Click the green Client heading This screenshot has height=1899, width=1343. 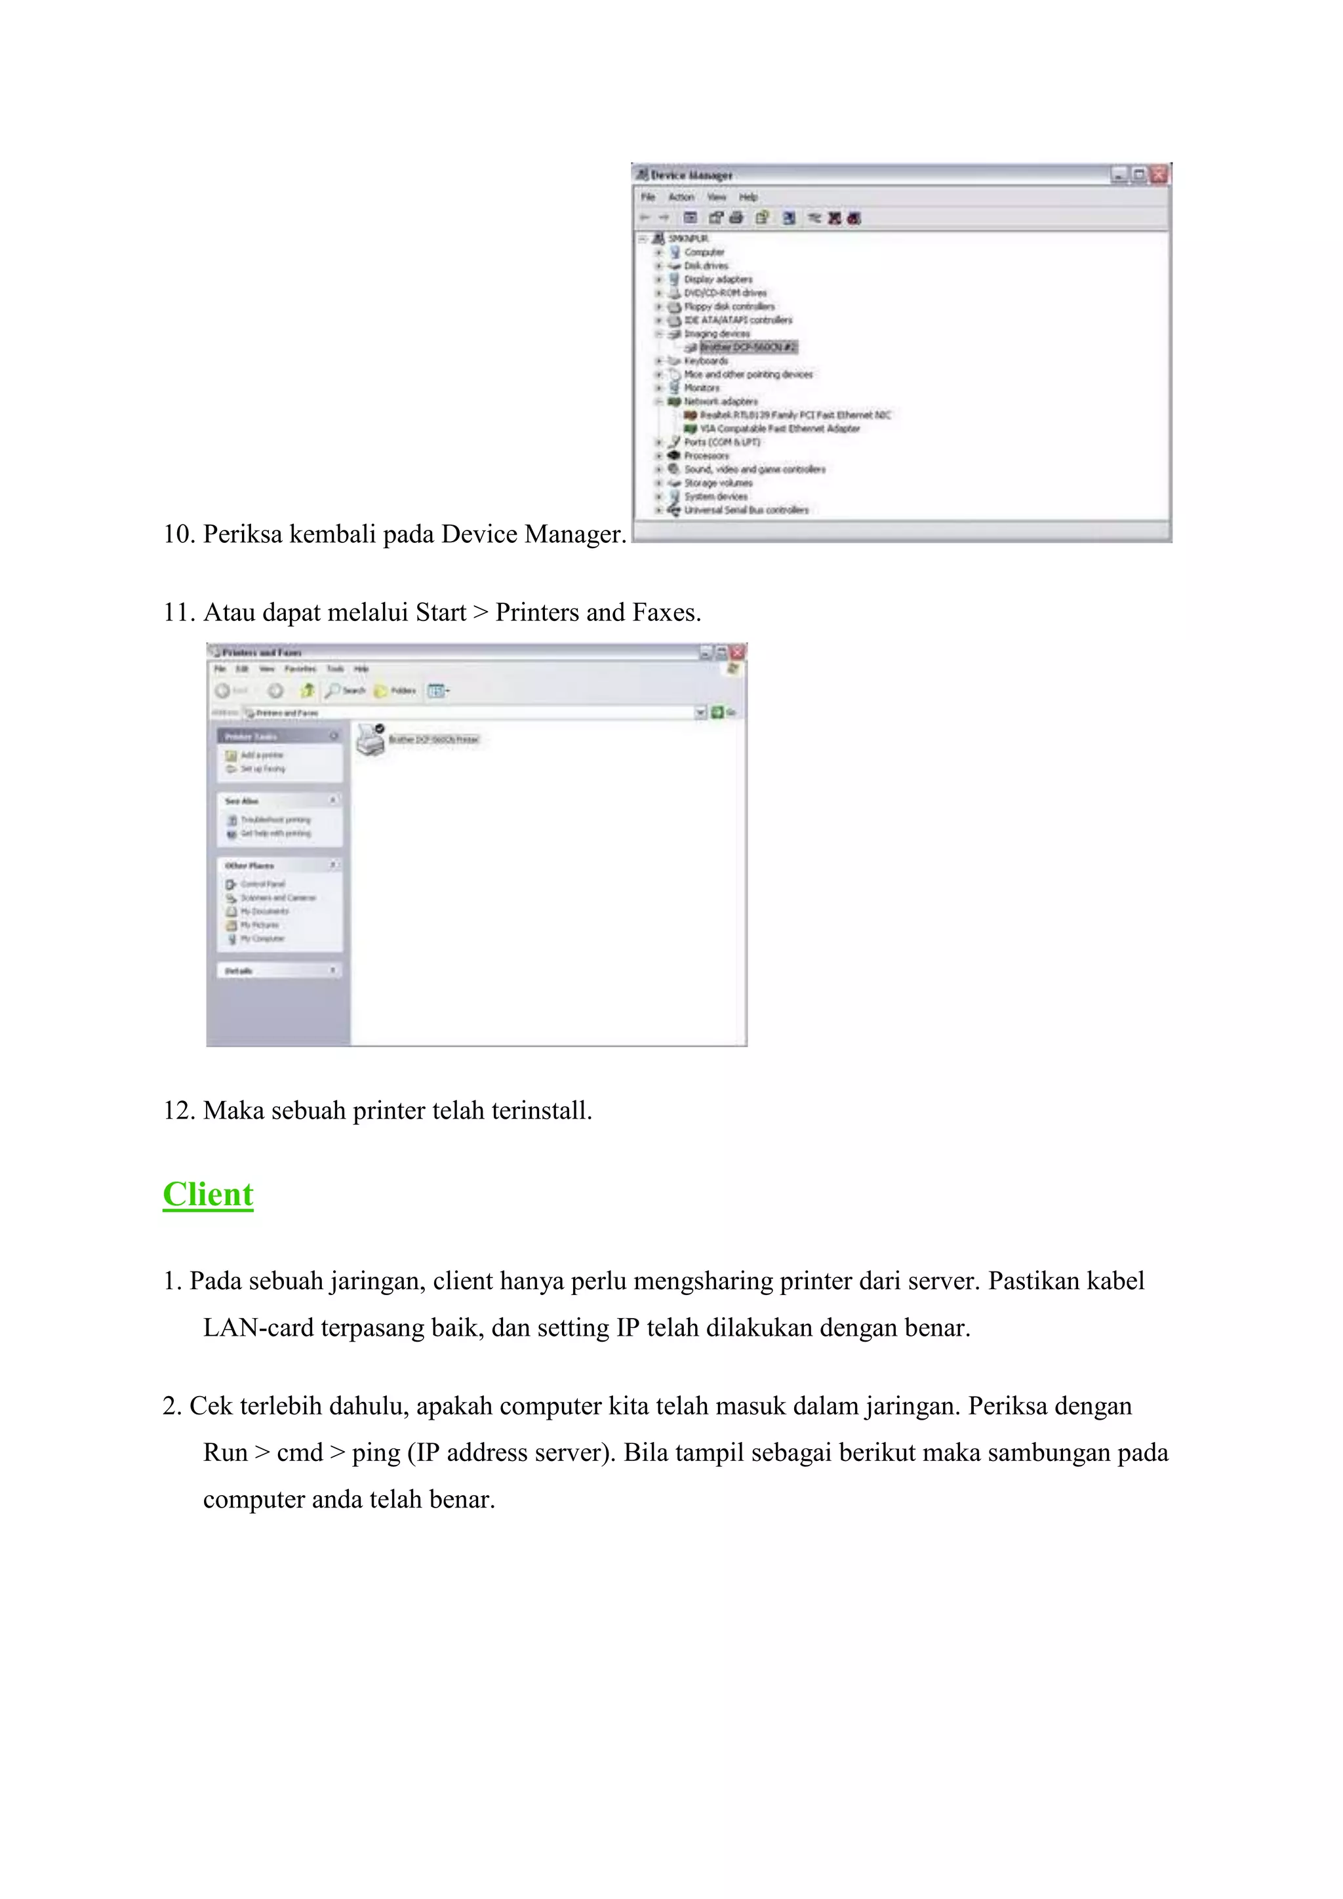208,1194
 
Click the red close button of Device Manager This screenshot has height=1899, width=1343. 1159,174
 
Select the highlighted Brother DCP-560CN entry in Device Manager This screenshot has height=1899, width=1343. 748,348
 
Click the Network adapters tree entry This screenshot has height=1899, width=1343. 720,401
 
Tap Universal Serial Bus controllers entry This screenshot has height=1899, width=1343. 746,510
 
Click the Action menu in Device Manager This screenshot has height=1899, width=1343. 681,197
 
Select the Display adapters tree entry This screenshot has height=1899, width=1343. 718,279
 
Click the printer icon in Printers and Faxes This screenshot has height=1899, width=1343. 371,740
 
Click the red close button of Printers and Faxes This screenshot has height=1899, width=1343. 738,652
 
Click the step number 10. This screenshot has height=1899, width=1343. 178,534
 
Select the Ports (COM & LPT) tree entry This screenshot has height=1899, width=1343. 721,443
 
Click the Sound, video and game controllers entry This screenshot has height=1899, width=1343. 754,470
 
